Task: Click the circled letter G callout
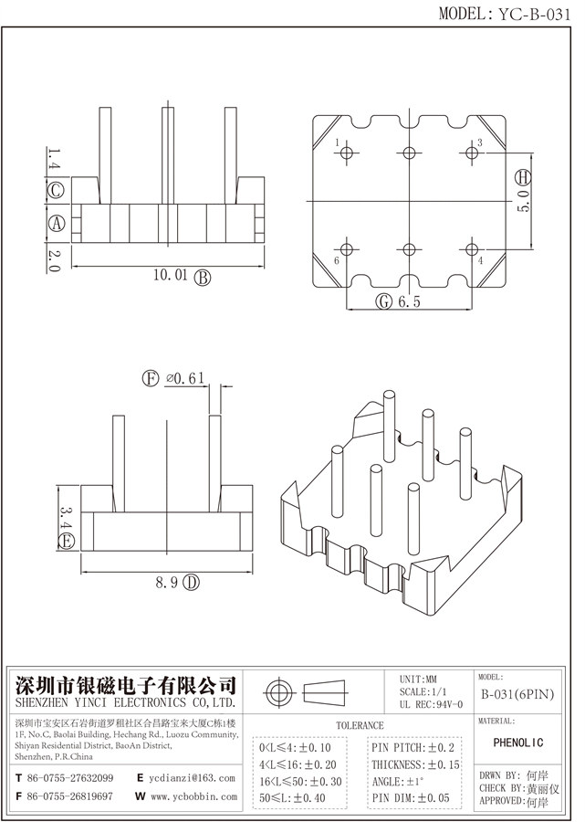pos(384,302)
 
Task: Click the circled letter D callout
pos(191,583)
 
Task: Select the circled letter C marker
pos(55,191)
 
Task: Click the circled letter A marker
pos(55,223)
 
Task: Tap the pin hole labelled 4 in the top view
pos(471,248)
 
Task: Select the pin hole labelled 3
pos(471,154)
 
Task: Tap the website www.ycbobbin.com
pos(192,796)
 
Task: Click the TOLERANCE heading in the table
pos(360,725)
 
